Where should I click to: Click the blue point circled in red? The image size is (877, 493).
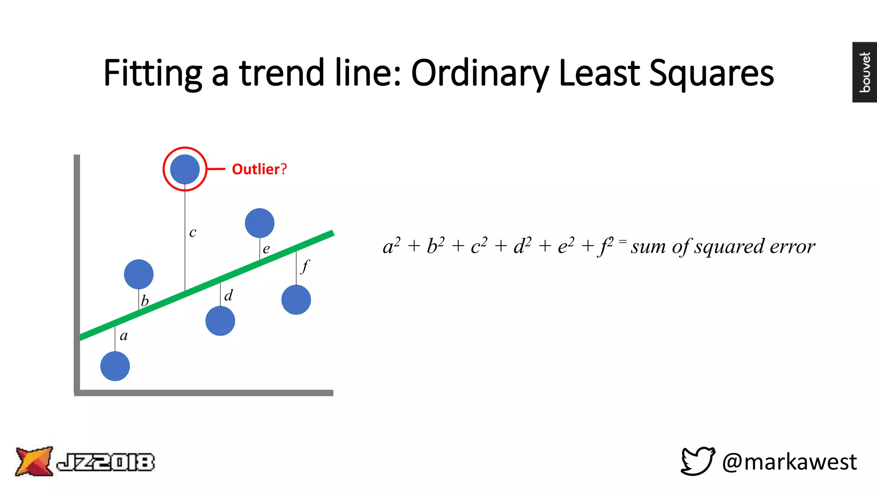(x=185, y=169)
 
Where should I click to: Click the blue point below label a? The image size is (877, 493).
(x=115, y=366)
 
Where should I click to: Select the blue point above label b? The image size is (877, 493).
(x=139, y=274)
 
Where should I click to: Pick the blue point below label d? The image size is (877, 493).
(x=220, y=321)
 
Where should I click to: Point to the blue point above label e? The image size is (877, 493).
(x=260, y=223)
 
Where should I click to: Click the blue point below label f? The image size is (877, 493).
(x=296, y=300)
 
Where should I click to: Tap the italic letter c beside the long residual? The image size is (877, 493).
(x=193, y=232)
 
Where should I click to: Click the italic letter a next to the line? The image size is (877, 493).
(x=124, y=336)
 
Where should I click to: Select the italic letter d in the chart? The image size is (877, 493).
(x=229, y=295)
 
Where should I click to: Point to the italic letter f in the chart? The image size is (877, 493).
(x=304, y=266)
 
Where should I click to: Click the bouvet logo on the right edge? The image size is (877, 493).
(x=865, y=72)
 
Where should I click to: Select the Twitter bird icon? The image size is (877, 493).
(x=698, y=461)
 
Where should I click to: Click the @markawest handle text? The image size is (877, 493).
(x=789, y=462)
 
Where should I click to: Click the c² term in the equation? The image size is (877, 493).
(x=479, y=246)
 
